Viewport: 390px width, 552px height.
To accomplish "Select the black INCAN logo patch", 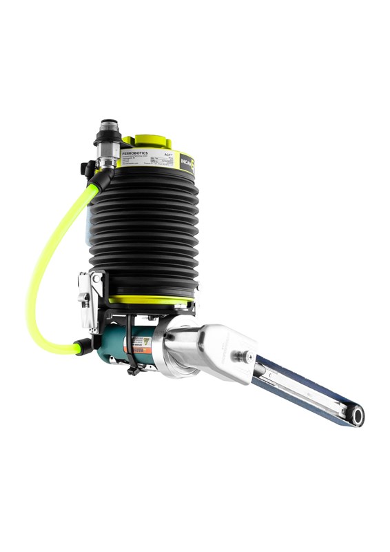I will tap(187, 163).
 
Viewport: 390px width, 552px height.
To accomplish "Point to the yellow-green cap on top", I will tap(153, 141).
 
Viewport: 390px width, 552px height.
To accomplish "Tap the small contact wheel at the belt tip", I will tap(357, 415).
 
